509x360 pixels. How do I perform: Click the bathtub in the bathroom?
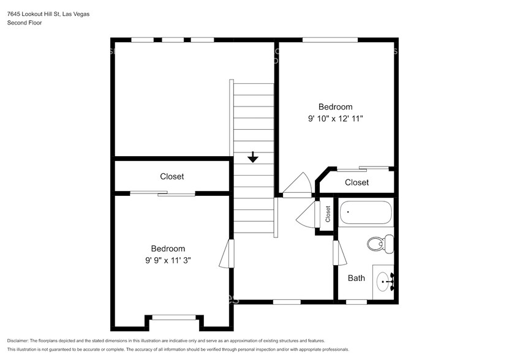click(x=366, y=214)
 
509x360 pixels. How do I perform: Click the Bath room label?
click(x=356, y=278)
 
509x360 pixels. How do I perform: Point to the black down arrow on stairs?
click(x=252, y=158)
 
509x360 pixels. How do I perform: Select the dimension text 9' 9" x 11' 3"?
click(x=168, y=261)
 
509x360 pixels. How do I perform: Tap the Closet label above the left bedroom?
click(x=172, y=176)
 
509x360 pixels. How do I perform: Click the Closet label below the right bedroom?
click(x=356, y=182)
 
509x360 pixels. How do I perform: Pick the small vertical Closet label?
click(x=328, y=213)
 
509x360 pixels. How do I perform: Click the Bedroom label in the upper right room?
click(x=335, y=107)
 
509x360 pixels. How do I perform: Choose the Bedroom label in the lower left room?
click(x=168, y=249)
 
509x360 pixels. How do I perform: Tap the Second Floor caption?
click(x=25, y=23)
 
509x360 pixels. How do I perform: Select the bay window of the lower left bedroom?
click(x=174, y=317)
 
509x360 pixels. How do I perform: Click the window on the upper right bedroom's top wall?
click(x=330, y=40)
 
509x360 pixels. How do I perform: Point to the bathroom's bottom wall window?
click(x=356, y=301)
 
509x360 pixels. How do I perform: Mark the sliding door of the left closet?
click(x=162, y=194)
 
